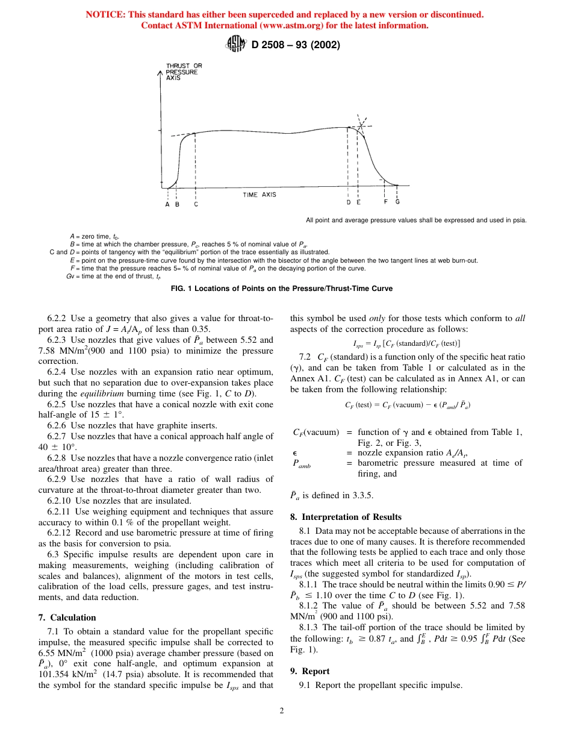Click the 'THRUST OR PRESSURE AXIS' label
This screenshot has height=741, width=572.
(184, 72)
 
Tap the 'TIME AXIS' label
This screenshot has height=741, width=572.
(260, 195)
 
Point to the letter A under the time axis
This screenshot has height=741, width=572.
(167, 204)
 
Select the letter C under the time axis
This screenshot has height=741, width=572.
(196, 204)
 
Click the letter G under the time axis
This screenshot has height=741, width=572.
(397, 202)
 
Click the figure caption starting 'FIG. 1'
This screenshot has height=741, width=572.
(282, 289)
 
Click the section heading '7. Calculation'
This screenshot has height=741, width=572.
(67, 617)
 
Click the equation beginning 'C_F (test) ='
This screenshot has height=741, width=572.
(408, 405)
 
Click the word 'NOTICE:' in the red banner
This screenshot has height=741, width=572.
(106, 14)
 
